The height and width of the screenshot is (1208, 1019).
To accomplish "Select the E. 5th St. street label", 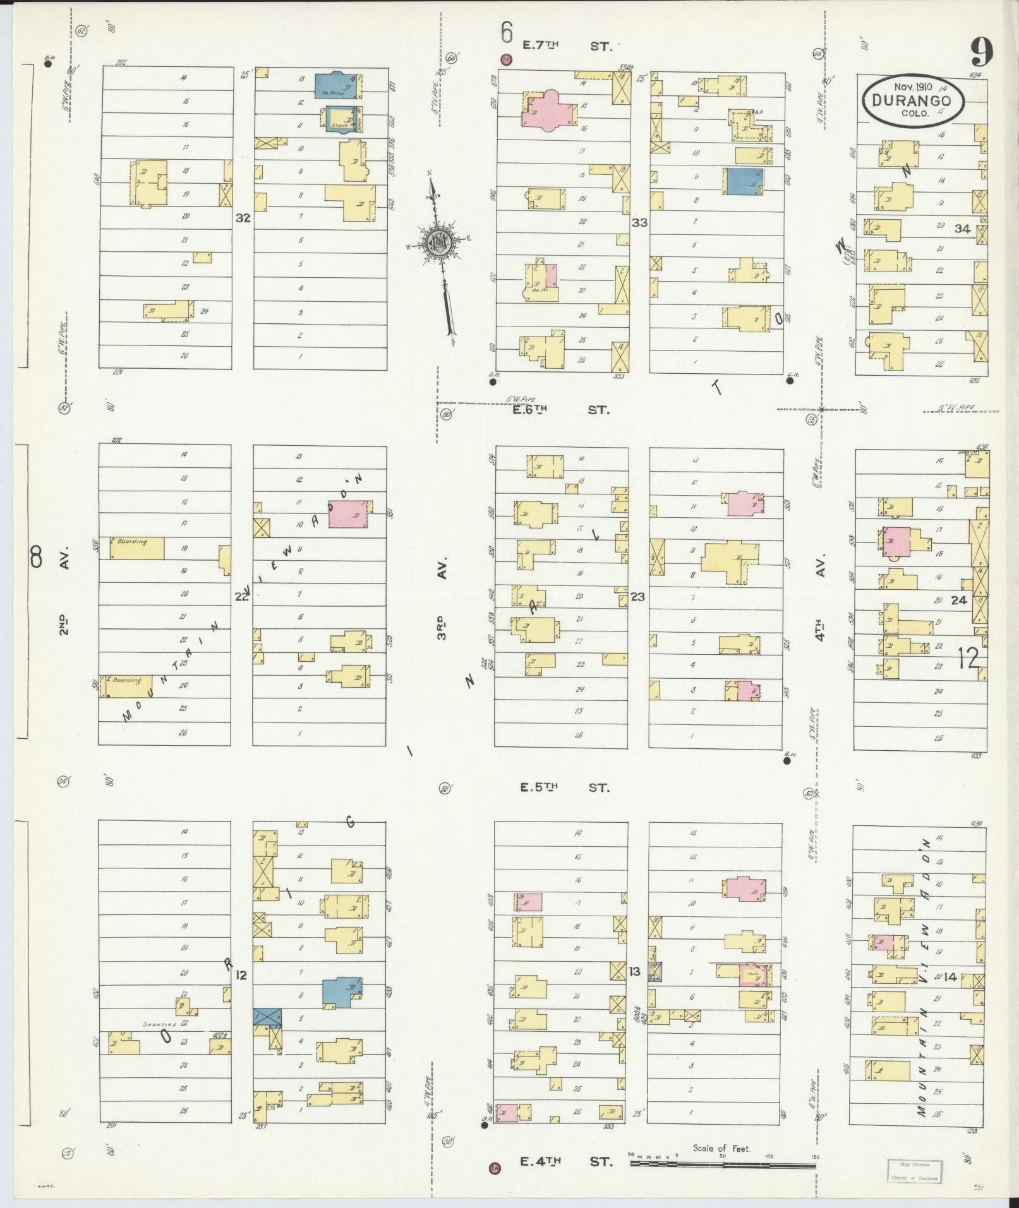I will coord(564,787).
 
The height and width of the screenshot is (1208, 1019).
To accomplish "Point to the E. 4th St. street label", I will coord(566,1161).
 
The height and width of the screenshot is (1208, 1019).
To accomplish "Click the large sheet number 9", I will coord(981,51).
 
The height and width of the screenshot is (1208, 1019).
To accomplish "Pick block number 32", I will coord(243,218).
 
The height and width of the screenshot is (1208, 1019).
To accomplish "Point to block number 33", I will coord(639,222).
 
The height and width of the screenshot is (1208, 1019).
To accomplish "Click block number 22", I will coord(242,596).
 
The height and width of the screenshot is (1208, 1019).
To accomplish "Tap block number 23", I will coord(637,596).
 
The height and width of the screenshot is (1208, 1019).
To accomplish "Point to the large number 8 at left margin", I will coord(36,558).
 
